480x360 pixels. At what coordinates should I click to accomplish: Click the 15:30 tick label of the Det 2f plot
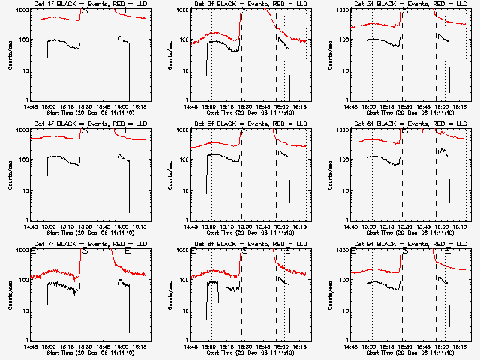click(244, 106)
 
